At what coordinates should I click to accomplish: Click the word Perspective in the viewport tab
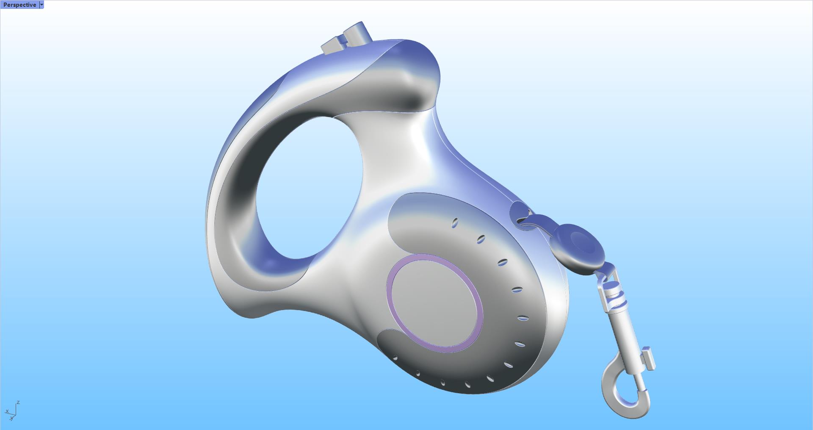coord(19,5)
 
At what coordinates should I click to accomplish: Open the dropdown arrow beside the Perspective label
coord(41,5)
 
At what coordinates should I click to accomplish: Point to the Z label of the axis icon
coord(18,402)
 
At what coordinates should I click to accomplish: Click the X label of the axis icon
coord(7,411)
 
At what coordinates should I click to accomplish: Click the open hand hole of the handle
coord(309,186)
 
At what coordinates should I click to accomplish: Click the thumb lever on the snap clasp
coord(647,358)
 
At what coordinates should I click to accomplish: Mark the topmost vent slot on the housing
coord(455,223)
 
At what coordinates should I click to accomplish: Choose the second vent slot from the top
coord(481,240)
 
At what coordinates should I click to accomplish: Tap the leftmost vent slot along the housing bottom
coord(395,358)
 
